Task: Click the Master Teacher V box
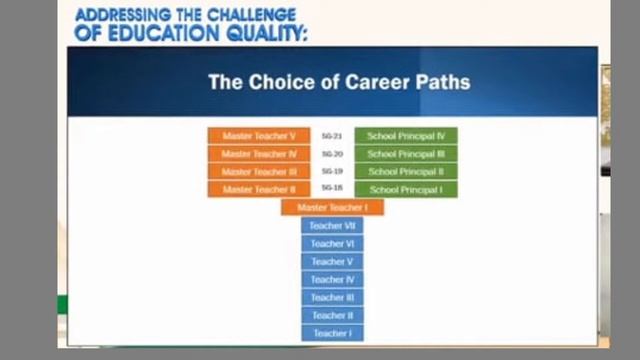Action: tap(259, 136)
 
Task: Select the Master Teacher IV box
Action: tap(259, 154)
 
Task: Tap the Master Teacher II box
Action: tap(259, 189)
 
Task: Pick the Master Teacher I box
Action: tap(332, 207)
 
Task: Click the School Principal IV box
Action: tap(406, 136)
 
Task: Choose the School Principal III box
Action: tap(406, 154)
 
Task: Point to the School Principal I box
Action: tap(406, 189)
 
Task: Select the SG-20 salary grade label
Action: tap(332, 154)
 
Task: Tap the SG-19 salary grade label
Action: tap(332, 171)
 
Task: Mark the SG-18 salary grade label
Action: tap(332, 188)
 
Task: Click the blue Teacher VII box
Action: tap(332, 226)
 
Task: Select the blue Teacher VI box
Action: tap(332, 244)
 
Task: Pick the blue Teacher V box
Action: tap(332, 262)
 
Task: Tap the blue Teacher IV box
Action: tap(332, 280)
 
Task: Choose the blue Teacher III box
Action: tap(332, 297)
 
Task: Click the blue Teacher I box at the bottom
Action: tap(332, 333)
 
